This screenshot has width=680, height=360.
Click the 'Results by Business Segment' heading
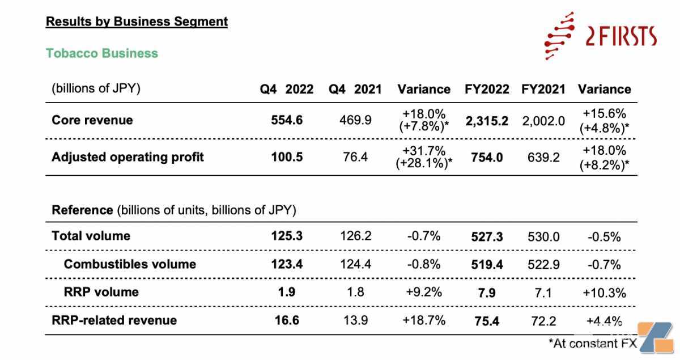[x=137, y=22]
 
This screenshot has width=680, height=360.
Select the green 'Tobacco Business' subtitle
[x=102, y=53]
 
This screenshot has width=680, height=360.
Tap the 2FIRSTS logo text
[x=621, y=36]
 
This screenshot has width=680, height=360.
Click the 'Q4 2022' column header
[x=287, y=90]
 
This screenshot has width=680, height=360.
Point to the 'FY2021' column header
[x=543, y=90]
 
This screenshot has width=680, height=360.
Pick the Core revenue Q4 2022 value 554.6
[x=287, y=120]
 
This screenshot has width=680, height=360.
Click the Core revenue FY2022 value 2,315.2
[x=487, y=121]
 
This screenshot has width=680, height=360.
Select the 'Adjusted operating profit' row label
[x=128, y=157]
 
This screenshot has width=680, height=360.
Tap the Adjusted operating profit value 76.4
[x=355, y=157]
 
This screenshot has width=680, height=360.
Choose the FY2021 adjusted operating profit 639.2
[x=543, y=158]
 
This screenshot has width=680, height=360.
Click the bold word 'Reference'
[x=82, y=210]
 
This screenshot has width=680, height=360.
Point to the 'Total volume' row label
[x=91, y=236]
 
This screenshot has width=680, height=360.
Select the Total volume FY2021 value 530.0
[x=543, y=237]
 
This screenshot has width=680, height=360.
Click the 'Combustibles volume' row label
[x=130, y=264]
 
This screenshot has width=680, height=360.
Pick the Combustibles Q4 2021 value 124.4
[x=355, y=264]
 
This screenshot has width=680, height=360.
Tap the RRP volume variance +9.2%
[x=424, y=292]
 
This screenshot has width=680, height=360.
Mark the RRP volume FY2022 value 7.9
[x=487, y=293]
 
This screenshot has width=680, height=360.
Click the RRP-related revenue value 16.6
[x=287, y=320]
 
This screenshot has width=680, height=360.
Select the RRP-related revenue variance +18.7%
[x=424, y=320]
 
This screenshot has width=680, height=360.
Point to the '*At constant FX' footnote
[x=593, y=344]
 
